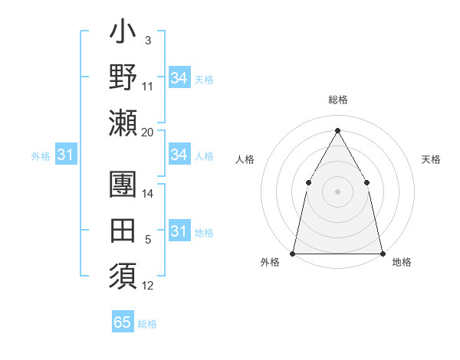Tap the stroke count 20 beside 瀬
(x=147, y=133)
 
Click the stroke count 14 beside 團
(x=148, y=195)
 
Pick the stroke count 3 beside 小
(x=148, y=40)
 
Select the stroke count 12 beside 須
(x=148, y=286)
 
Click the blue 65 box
(x=123, y=322)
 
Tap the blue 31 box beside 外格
(x=65, y=155)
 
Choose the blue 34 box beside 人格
(x=179, y=155)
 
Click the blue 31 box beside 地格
(x=179, y=231)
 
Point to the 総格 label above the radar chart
(x=337, y=100)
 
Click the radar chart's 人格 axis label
(x=245, y=159)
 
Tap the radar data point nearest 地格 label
(x=382, y=254)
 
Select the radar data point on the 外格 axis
(x=293, y=254)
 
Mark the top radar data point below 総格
(x=337, y=129)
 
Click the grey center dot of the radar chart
(x=337, y=191)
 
